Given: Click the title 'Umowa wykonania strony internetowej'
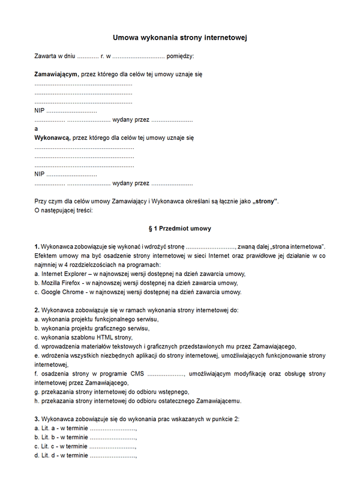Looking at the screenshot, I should (180, 38).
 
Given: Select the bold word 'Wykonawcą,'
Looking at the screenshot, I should (52, 137).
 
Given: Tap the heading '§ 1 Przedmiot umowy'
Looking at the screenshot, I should (179, 229).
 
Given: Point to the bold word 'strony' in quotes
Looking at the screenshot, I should (266, 201).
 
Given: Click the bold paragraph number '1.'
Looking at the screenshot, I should (37, 247).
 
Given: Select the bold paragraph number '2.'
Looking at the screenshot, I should (37, 310).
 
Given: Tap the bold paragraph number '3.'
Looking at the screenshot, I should (37, 419).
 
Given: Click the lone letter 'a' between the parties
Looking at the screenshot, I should (37, 128).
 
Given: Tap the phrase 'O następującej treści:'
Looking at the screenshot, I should (64, 210).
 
